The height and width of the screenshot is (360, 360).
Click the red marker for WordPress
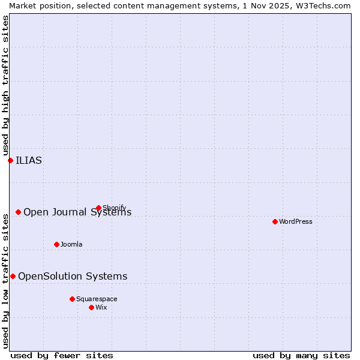tap(275, 221)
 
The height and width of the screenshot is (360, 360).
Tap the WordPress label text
tap(296, 221)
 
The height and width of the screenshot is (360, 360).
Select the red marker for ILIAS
tap(10, 160)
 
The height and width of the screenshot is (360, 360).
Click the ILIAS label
tap(29, 160)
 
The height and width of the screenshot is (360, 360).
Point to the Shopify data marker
tap(98, 208)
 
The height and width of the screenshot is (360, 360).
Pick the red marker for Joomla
tap(56, 244)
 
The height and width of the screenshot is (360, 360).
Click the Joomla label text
tap(71, 244)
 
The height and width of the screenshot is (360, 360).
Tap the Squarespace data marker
tap(72, 299)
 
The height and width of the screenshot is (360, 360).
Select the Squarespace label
tap(97, 299)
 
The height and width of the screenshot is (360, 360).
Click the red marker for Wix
tap(91, 307)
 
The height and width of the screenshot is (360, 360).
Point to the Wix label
tap(101, 307)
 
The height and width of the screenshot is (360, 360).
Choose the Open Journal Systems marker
tap(18, 212)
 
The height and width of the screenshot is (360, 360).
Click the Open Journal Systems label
tap(77, 212)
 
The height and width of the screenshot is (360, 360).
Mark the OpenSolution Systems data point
tap(13, 276)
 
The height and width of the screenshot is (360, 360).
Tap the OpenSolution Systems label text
tap(73, 276)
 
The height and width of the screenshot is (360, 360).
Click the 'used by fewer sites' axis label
tap(62, 355)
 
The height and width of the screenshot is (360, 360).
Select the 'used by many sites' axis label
tap(301, 355)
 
